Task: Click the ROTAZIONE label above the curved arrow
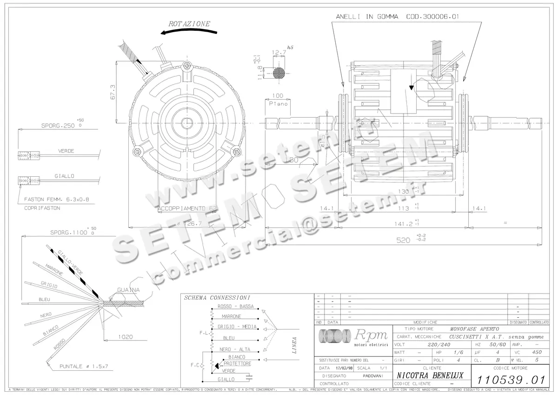(x=189, y=23)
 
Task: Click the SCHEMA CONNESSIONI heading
(x=217, y=297)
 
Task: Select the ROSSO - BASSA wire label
(x=235, y=307)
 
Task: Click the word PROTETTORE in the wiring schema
(x=237, y=363)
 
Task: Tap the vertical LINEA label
(x=294, y=345)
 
